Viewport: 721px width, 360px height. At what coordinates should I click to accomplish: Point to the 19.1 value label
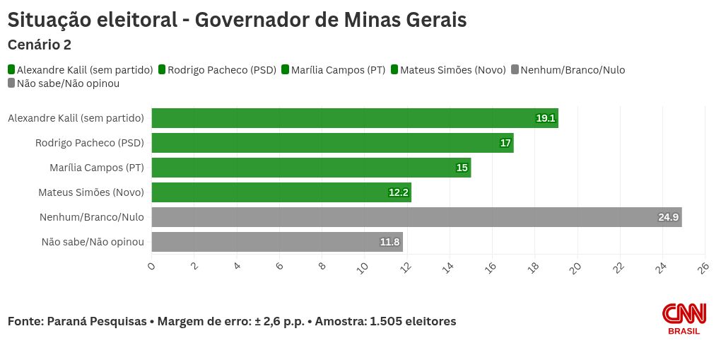click(546, 118)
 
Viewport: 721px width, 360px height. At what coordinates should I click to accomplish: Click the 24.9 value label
click(668, 217)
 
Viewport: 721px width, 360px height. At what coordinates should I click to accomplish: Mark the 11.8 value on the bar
click(389, 242)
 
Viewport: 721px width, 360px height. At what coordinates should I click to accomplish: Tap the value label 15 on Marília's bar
click(462, 168)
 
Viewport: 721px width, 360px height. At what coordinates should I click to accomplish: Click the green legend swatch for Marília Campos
click(286, 69)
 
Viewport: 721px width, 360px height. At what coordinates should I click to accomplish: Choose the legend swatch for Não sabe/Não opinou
click(11, 83)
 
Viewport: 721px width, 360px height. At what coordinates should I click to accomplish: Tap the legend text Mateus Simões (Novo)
click(452, 69)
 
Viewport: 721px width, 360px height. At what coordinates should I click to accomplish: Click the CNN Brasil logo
click(684, 318)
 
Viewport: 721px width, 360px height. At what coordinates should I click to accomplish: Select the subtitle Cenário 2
click(39, 45)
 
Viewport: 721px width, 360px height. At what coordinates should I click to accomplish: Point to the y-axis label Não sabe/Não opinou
click(93, 242)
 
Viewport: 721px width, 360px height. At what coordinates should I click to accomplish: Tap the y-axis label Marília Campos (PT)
click(97, 168)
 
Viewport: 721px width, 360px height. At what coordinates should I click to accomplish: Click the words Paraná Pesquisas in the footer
click(97, 321)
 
